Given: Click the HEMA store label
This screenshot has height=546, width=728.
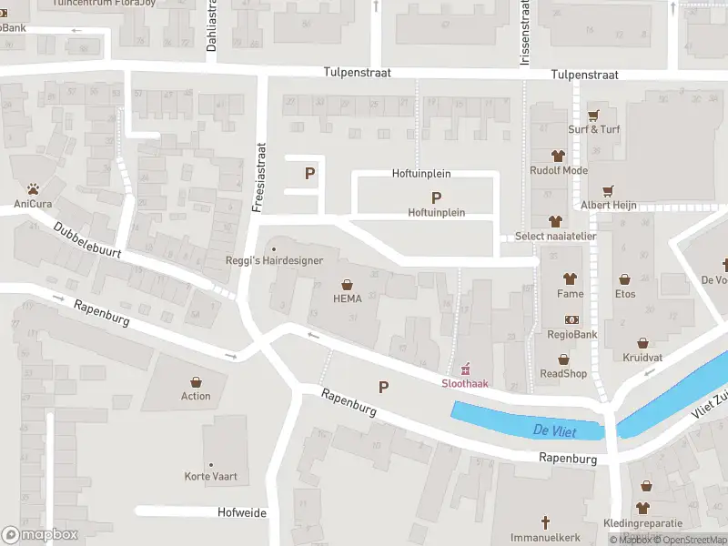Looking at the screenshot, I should tap(347, 298).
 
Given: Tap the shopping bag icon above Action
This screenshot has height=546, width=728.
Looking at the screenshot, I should tap(196, 381).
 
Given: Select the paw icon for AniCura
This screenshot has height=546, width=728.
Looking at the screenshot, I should tap(34, 189).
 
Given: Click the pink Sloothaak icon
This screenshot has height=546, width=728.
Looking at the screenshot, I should tap(465, 369).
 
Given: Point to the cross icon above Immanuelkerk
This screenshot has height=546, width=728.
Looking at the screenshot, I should tap(546, 522).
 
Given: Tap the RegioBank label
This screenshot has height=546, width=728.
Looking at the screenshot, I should tap(571, 334).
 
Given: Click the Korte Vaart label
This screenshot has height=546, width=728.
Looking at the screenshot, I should tap(211, 476).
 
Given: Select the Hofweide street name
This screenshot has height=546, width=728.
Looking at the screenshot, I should tap(242, 512).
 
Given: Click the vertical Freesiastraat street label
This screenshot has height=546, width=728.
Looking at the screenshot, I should tap(259, 177).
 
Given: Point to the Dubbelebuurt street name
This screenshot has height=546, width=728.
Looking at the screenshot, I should tap(86, 245).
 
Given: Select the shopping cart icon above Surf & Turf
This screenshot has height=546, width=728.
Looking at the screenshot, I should tap(593, 115).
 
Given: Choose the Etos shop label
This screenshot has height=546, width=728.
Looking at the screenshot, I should tap(624, 293).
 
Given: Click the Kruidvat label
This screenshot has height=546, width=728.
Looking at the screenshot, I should tap(643, 357).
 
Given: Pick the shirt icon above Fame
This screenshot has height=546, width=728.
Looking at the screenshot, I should tap(571, 278).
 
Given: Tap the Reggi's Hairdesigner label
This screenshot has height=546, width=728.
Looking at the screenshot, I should tap(274, 260).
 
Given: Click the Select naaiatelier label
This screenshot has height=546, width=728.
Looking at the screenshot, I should tap(555, 236).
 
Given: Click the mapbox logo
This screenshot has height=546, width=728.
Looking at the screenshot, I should tap(40, 534).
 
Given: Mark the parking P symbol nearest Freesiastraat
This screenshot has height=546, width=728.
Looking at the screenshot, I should tap(309, 173).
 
